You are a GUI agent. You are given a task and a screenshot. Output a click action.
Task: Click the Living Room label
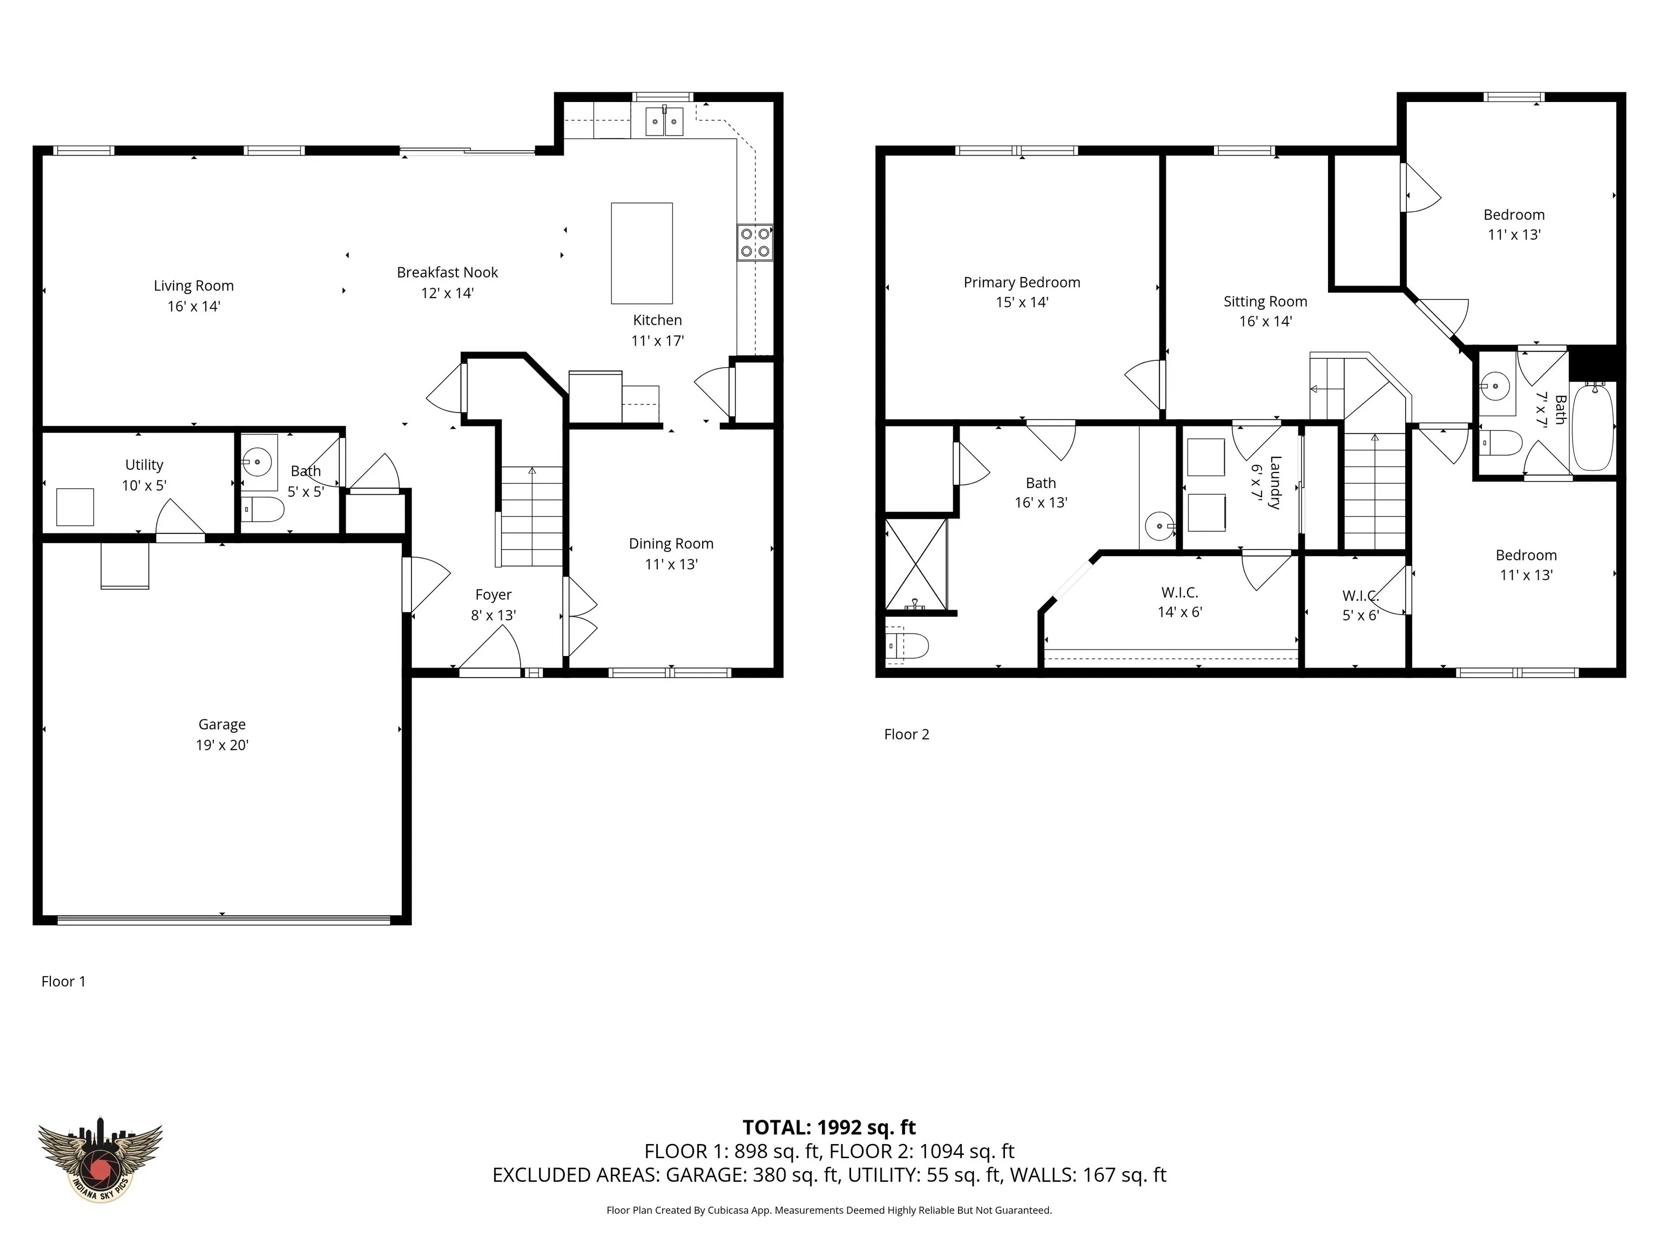[x=193, y=286]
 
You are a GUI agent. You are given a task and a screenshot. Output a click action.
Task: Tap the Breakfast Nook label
[x=447, y=272]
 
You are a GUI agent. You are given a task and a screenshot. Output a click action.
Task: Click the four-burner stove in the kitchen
[x=754, y=242]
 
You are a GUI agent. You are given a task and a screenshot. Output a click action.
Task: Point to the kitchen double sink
[x=664, y=121]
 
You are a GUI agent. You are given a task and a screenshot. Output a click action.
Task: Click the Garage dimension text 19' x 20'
[x=222, y=745]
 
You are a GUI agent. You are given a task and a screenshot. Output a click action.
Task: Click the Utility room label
[x=144, y=465]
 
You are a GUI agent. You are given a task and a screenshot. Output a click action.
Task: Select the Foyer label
[x=494, y=594]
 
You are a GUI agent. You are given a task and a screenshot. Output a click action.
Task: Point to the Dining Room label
[x=671, y=544]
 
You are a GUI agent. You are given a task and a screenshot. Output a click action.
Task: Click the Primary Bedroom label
[x=1022, y=283]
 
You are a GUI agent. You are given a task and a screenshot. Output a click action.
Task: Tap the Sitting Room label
[x=1265, y=301]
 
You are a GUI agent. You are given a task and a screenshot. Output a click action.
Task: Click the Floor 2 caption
[x=907, y=734]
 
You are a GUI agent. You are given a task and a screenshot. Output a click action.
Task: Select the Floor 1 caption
[x=64, y=982]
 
